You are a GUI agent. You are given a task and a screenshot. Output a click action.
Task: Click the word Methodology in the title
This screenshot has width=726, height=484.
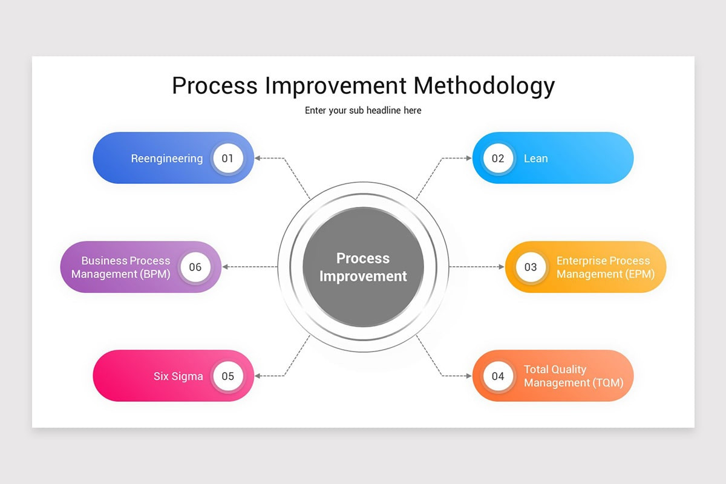coord(484,86)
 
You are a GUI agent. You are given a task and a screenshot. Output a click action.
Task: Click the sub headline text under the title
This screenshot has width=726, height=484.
coord(363,111)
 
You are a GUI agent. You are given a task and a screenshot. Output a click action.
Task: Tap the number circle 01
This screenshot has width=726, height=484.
coord(227,159)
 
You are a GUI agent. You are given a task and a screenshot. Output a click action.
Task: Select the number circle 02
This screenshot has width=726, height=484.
coord(498,159)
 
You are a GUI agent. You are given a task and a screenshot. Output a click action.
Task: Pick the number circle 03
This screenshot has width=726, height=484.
coord(531,267)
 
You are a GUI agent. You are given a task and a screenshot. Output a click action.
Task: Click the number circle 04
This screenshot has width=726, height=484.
coord(498,376)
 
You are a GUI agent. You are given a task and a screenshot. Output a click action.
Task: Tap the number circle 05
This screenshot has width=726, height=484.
coord(227,376)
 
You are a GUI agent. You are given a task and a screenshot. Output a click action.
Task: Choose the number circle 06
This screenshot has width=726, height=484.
coord(195,267)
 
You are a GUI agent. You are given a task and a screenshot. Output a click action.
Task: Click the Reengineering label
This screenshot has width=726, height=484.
coord(167,159)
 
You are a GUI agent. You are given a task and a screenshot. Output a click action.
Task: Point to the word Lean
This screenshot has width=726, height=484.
coord(535,159)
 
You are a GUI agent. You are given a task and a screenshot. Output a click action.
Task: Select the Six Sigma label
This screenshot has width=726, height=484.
coord(178,376)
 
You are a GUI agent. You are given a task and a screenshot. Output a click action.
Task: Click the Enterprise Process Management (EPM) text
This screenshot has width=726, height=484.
coord(603,267)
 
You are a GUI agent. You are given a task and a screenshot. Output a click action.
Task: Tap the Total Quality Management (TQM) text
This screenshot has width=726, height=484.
coord(573,376)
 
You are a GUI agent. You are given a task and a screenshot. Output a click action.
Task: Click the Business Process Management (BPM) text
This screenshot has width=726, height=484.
coord(121,267)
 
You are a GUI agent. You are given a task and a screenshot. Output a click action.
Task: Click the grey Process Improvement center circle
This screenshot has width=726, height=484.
coord(363,267)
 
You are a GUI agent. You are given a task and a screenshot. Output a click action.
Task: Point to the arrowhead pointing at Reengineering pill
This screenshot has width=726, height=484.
coord(258,159)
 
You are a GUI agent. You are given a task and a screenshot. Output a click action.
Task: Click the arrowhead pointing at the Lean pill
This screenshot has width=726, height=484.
coord(468,159)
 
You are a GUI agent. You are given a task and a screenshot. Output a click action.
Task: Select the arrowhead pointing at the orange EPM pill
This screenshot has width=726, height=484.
coord(501,267)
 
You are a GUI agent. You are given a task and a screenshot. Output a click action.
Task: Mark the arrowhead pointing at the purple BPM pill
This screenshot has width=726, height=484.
coord(225,267)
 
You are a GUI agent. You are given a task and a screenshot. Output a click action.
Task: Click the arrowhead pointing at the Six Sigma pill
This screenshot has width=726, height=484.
coord(258,376)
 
